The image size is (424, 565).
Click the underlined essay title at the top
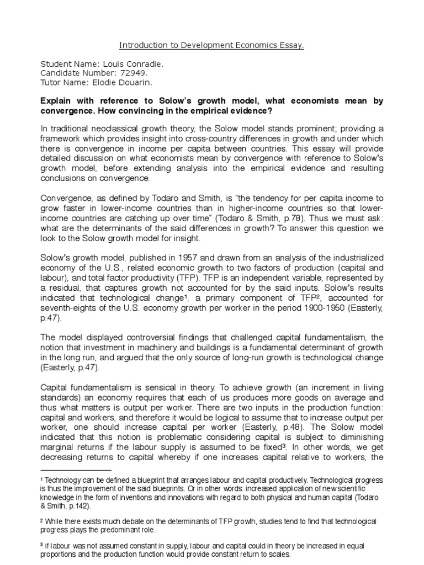tap(212, 46)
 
